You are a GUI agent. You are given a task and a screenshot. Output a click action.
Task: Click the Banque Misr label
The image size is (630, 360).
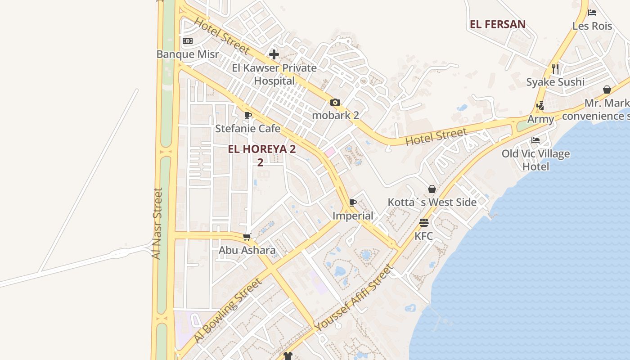click(x=188, y=54)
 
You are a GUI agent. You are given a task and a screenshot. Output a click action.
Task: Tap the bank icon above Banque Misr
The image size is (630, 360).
click(x=188, y=41)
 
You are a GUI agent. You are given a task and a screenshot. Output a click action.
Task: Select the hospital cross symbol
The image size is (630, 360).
click(x=274, y=54)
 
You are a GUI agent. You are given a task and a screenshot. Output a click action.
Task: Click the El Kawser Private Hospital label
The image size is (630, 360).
click(x=274, y=74)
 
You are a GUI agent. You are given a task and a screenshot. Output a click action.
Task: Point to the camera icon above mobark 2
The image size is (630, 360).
click(x=335, y=102)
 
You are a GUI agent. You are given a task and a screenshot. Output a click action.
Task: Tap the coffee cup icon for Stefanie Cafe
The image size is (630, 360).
click(x=247, y=115)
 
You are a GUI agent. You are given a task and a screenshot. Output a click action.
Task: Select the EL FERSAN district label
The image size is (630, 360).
click(x=498, y=24)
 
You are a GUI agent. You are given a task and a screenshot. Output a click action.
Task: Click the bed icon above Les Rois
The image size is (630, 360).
click(x=592, y=13)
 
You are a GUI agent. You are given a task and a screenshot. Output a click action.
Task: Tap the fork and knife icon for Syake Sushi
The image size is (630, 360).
click(x=555, y=68)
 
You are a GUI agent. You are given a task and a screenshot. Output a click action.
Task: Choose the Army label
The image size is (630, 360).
click(x=540, y=119)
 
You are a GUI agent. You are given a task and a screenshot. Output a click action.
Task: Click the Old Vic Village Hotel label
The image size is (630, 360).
click(x=535, y=160)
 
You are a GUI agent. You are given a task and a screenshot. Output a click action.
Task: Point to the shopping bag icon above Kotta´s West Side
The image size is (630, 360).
click(x=432, y=189)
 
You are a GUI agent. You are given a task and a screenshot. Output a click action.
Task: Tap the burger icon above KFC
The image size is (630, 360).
click(x=423, y=223)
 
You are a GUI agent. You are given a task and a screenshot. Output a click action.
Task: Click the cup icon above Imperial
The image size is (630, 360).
click(x=353, y=202)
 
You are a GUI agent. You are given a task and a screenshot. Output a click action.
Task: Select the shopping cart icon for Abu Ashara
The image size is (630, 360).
click(x=247, y=237)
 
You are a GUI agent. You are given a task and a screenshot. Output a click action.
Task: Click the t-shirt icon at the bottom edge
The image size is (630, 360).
click(x=288, y=355)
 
